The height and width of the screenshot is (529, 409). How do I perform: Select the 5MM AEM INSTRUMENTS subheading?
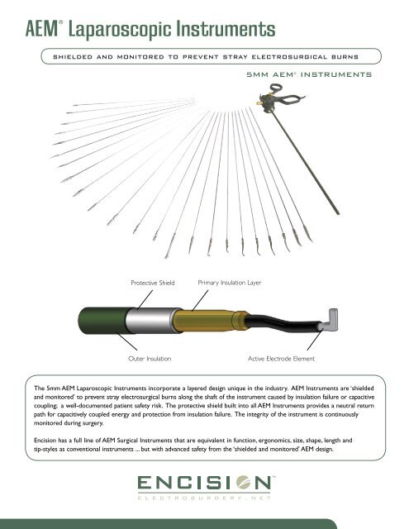pyautogui.click(x=309, y=74)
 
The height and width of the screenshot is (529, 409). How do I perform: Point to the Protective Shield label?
pyautogui.click(x=152, y=283)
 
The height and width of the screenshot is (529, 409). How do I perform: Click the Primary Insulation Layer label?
pyautogui.click(x=229, y=283)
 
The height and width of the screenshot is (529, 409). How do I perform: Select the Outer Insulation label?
pyautogui.click(x=150, y=359)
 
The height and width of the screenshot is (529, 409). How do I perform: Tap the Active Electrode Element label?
pyautogui.click(x=281, y=359)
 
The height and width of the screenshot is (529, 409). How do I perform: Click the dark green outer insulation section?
pyautogui.click(x=102, y=321)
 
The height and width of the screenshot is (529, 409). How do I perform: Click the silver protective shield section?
pyautogui.click(x=150, y=320)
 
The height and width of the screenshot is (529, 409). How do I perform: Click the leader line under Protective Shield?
pyautogui.click(x=145, y=299)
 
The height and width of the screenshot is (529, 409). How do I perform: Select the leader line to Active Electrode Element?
pyautogui.click(x=315, y=340)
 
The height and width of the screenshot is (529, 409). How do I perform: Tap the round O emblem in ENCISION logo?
pyautogui.click(x=244, y=483)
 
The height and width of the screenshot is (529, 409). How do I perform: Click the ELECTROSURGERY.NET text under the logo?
pyautogui.click(x=204, y=498)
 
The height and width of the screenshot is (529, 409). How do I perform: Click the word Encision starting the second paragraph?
pyautogui.click(x=45, y=441)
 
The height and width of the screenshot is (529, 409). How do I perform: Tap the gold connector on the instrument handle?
pyautogui.click(x=259, y=102)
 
